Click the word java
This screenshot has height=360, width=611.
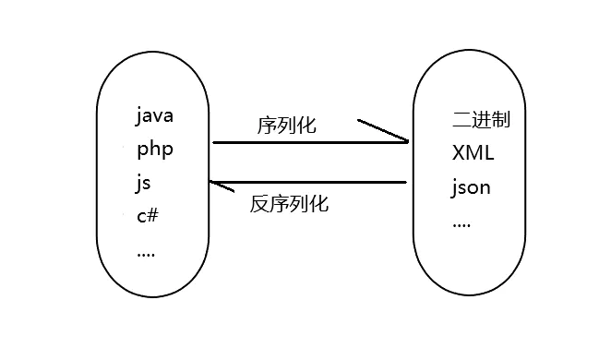coord(154,116)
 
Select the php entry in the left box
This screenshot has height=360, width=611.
coord(154,149)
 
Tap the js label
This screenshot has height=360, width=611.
coord(143,182)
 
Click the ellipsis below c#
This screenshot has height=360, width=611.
coord(145,251)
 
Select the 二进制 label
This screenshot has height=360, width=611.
coord(482,120)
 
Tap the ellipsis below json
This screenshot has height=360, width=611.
coord(461,223)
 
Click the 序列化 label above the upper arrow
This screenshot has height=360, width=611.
coord(286,125)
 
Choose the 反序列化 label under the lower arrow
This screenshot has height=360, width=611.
coord(289,204)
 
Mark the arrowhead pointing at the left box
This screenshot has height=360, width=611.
coord(221,186)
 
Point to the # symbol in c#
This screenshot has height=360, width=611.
coord(154,215)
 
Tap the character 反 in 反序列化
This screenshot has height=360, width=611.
coord(259,204)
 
